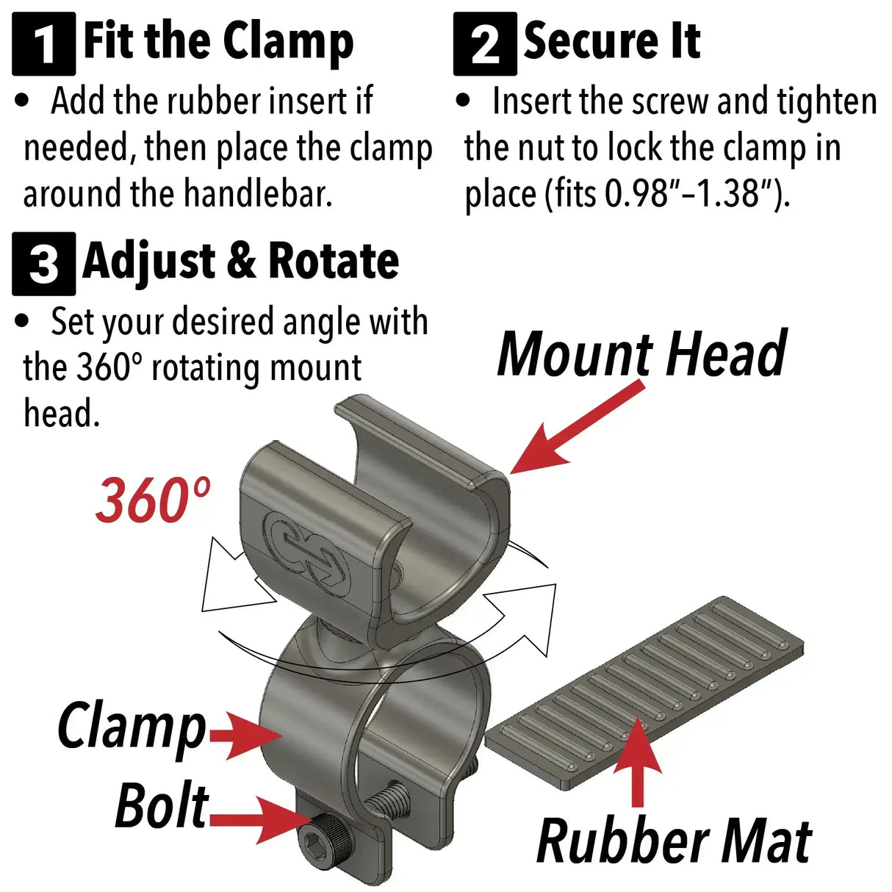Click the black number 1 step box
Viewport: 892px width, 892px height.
[44, 44]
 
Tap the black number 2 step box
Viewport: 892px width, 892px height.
[485, 44]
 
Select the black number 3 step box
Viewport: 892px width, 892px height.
[44, 264]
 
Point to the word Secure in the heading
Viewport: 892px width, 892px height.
[590, 42]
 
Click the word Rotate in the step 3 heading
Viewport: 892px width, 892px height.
[334, 261]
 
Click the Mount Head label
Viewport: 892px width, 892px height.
[642, 353]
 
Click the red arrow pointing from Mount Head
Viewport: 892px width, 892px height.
[577, 427]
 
